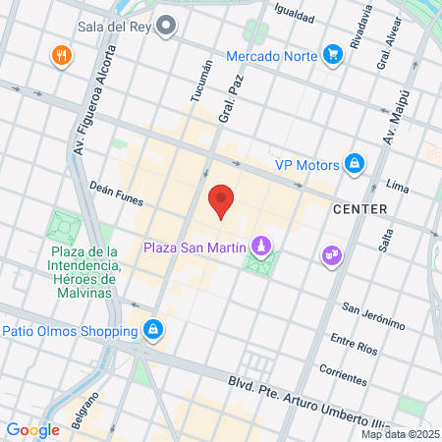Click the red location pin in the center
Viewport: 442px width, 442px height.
click(221, 200)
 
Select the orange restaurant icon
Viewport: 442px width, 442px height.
click(63, 55)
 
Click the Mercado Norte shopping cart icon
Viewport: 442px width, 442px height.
click(333, 55)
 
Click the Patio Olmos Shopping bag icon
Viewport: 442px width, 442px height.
click(152, 329)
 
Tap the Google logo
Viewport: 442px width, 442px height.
click(32, 429)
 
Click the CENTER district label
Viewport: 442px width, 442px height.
click(359, 209)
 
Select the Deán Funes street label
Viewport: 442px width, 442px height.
click(116, 195)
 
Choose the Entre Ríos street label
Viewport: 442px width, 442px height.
click(354, 344)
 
